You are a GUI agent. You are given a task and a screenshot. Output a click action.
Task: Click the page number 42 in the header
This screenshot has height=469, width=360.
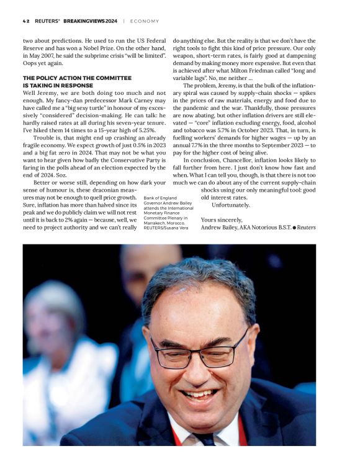[x=26, y=20]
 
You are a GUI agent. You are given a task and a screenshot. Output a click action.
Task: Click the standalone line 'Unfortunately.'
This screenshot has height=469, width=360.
[x=230, y=205]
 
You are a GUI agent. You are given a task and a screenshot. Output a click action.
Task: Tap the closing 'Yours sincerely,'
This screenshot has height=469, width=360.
[x=222, y=220]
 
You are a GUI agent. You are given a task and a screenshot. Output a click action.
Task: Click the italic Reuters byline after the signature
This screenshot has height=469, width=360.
[x=306, y=228]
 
